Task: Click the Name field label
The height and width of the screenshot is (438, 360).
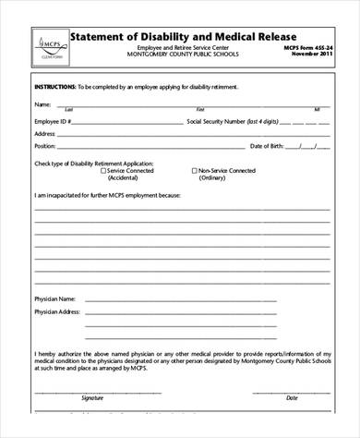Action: coord(42,103)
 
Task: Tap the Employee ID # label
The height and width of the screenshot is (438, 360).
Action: coord(53,120)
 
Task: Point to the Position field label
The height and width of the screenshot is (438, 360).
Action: coord(45,146)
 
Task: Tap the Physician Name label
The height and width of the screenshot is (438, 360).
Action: coord(54,299)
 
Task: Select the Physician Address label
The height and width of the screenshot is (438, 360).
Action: coord(57,312)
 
